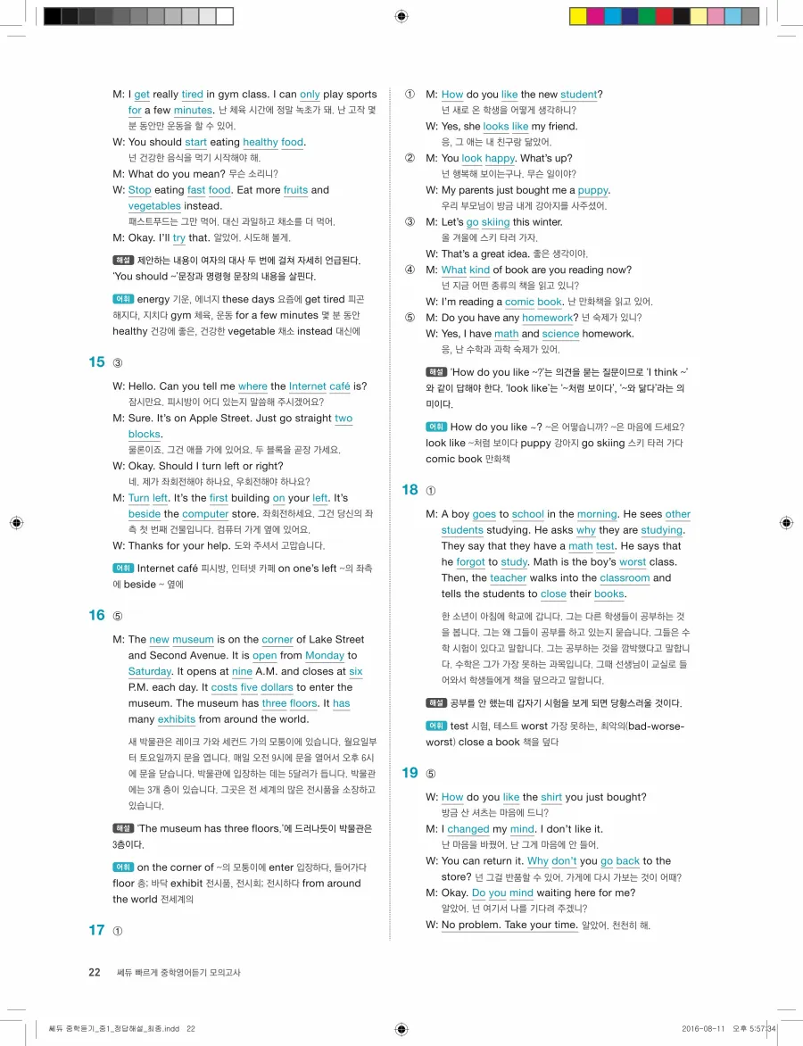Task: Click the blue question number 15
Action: point(96,361)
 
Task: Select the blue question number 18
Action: point(410,489)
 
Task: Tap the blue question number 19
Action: point(410,772)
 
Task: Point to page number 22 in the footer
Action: point(95,972)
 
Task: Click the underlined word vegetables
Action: point(154,206)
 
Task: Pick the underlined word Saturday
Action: point(149,671)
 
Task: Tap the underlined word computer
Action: point(205,514)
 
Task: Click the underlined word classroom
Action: point(625,578)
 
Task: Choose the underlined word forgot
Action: point(469,562)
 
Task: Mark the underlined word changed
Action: point(468,829)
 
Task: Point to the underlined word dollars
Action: point(277,687)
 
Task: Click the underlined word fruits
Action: point(294,190)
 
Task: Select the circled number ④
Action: point(410,270)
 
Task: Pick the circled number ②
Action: point(410,159)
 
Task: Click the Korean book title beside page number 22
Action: point(178,972)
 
